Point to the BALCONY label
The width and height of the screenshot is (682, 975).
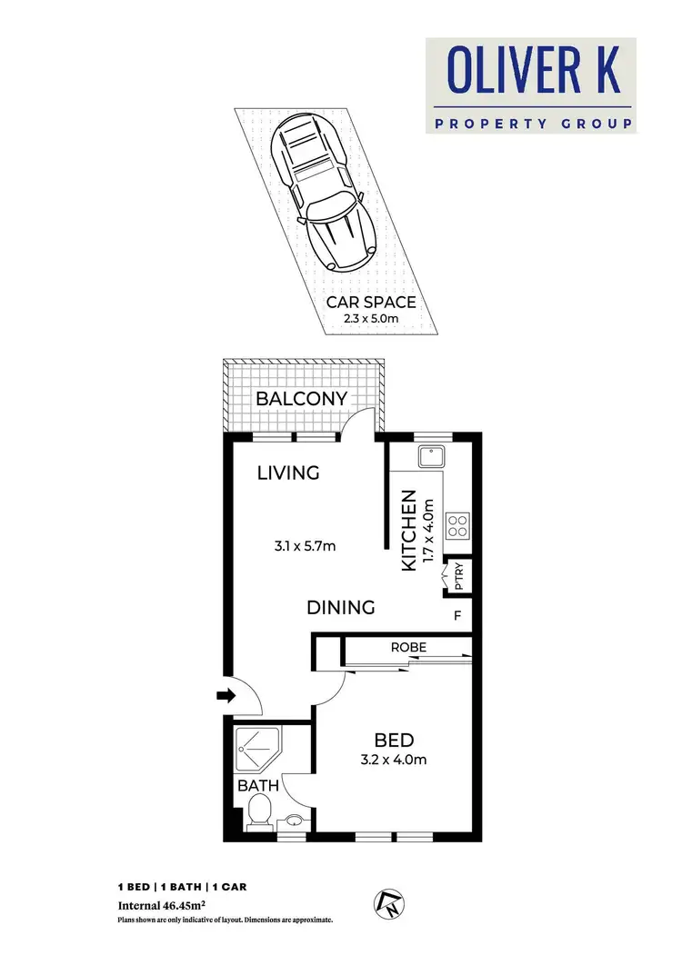tap(301, 398)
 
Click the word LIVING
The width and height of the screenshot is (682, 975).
tap(288, 473)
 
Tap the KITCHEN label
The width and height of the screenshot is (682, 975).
tap(409, 531)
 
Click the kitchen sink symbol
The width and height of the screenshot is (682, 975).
tap(428, 456)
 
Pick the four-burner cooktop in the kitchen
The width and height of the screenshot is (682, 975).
tap(456, 526)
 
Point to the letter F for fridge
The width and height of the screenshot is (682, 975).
tap(458, 615)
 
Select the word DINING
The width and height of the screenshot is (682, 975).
tap(340, 607)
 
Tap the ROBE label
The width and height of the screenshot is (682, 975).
tap(408, 648)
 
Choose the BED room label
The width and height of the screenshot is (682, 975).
tap(396, 740)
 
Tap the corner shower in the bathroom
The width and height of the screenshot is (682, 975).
tap(256, 750)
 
